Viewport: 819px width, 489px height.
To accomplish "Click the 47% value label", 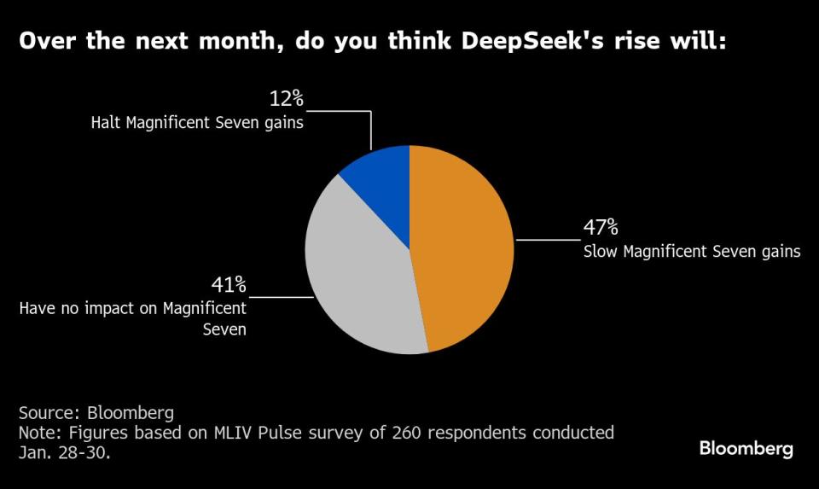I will pyautogui.click(x=601, y=229).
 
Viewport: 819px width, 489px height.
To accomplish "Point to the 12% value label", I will pyautogui.click(x=287, y=100).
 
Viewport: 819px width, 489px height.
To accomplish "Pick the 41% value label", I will pyautogui.click(x=229, y=284).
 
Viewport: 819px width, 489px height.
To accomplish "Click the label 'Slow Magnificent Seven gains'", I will pyautogui.click(x=691, y=252).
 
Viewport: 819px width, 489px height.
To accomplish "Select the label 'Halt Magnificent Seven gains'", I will pyautogui.click(x=197, y=123).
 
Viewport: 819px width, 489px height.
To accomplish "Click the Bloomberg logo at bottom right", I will pyautogui.click(x=746, y=448).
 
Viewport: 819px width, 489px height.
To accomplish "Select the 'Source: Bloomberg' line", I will pyautogui.click(x=96, y=413).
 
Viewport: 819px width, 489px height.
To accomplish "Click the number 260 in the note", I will pyautogui.click(x=398, y=434).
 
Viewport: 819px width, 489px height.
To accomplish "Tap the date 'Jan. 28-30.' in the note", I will pyautogui.click(x=64, y=453).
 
